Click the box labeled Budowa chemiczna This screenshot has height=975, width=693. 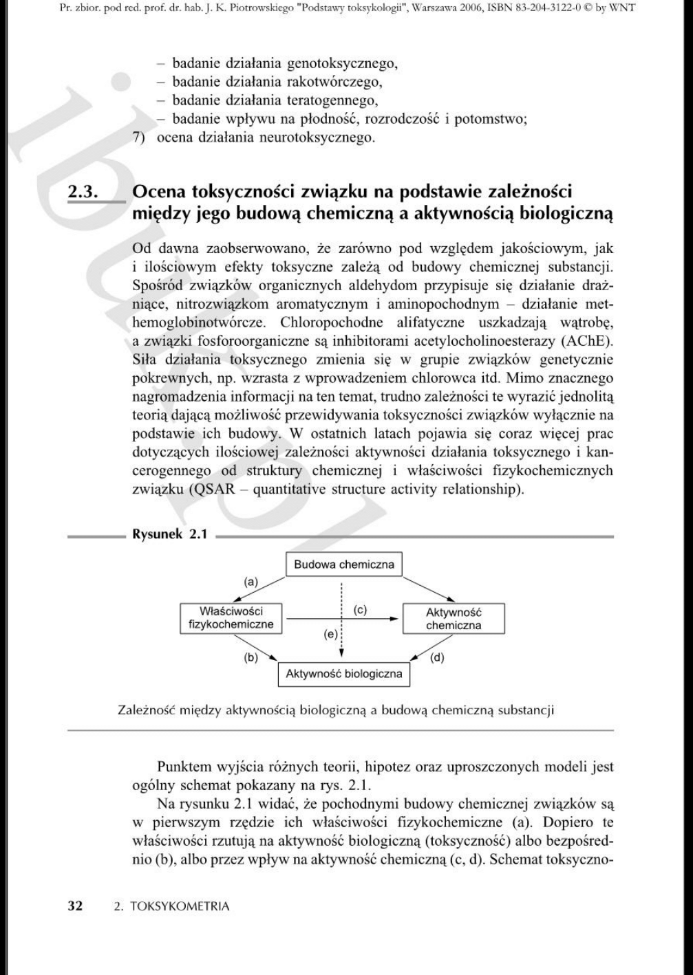[x=343, y=565]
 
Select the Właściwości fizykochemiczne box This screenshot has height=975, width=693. [x=231, y=618]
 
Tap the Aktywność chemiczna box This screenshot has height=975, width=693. [x=453, y=619]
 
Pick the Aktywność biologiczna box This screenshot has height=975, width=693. [x=343, y=674]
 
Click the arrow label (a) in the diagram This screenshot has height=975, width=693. [x=251, y=582]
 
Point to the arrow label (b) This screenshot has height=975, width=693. [x=251, y=657]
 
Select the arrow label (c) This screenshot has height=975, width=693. [x=360, y=610]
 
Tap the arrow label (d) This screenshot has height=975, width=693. [x=437, y=657]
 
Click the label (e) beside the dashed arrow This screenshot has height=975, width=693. [x=330, y=634]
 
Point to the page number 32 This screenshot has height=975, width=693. [x=74, y=906]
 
